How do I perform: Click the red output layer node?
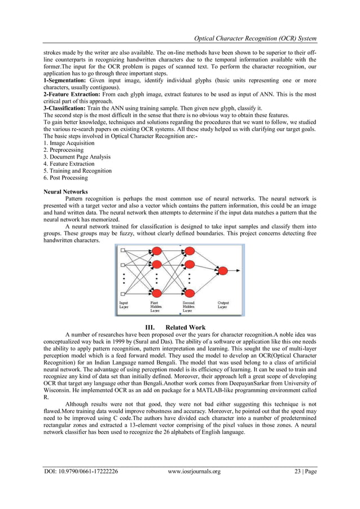[222, 271]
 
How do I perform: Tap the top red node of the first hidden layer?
[157, 251]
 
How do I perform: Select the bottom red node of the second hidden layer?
[190, 292]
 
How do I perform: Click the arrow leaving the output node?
[235, 271]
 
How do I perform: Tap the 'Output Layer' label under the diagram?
[223, 305]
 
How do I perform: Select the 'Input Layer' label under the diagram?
[123, 305]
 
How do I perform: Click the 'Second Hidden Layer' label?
[188, 307]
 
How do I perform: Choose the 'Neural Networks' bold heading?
[65, 192]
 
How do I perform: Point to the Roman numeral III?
[150, 327]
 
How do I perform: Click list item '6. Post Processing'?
[65, 178]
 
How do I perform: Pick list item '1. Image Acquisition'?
[69, 143]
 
